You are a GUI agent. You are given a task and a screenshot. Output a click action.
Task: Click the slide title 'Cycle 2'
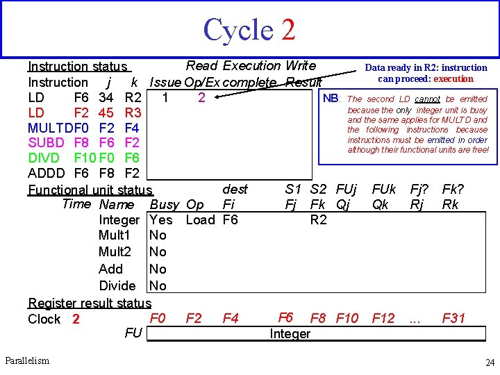coord(249,30)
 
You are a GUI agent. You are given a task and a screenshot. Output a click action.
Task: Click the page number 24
coord(489,362)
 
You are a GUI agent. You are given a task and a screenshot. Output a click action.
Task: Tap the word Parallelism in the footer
coord(27,360)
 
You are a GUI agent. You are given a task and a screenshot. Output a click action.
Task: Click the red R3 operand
coord(132,112)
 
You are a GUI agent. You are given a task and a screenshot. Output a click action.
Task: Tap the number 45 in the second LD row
coord(106,112)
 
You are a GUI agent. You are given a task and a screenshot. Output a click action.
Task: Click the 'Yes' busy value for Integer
coord(161,220)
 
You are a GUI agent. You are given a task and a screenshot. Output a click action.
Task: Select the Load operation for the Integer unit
coord(201,220)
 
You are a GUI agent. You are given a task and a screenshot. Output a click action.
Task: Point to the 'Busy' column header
coord(164,205)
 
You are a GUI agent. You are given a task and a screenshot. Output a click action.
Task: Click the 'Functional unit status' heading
coord(90,190)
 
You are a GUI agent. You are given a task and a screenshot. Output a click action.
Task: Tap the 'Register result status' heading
coord(90,303)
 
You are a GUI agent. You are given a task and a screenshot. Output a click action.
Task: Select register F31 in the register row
coord(454,319)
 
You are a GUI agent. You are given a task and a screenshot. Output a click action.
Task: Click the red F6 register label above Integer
coord(285,318)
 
